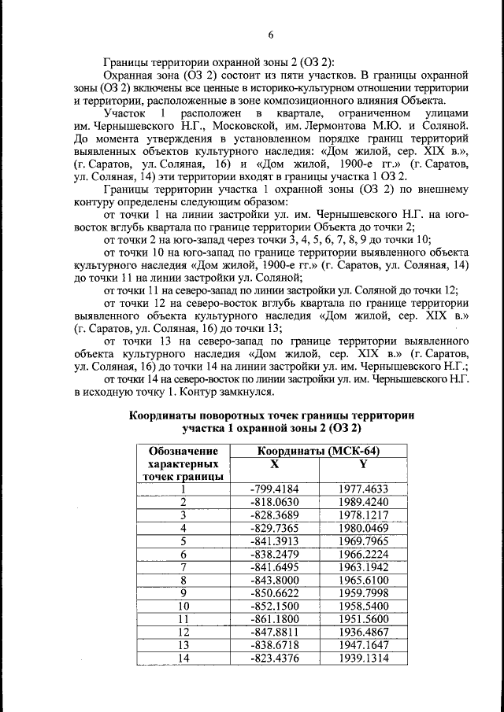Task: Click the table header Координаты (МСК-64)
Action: point(318,451)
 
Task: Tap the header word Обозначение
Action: point(183,451)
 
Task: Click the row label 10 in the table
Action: point(183,606)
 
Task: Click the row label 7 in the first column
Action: point(183,567)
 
